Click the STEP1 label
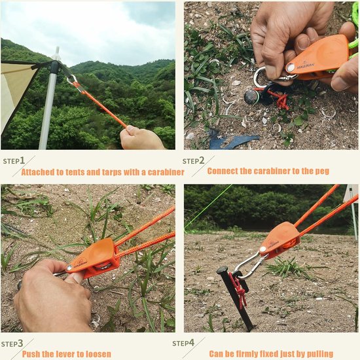pyautogui.click(x=14, y=160)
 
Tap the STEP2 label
pyautogui.click(x=194, y=160)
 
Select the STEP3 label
pyautogui.click(x=12, y=343)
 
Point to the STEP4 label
pyautogui.click(x=183, y=343)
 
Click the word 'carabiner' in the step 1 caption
pyautogui.click(x=162, y=172)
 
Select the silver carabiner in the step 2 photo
pyautogui.click(x=262, y=78)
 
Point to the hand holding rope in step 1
pyautogui.click(x=140, y=138)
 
